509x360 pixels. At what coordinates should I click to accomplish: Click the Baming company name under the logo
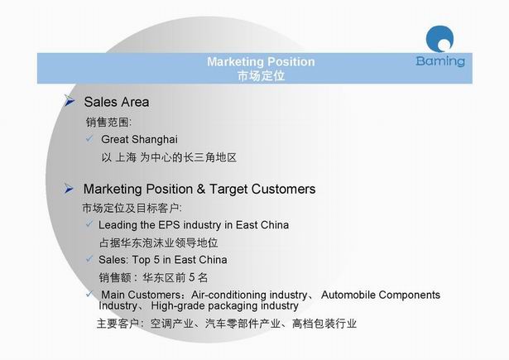pyautogui.click(x=440, y=61)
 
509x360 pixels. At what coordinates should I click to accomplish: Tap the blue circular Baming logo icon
pyautogui.click(x=439, y=39)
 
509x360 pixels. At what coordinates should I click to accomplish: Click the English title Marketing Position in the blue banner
pyautogui.click(x=261, y=62)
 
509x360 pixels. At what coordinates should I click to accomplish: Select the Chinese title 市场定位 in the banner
pyautogui.click(x=261, y=76)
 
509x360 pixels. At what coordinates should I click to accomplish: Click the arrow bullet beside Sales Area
pyautogui.click(x=70, y=100)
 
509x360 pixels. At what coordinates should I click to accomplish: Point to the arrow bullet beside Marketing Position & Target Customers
pyautogui.click(x=69, y=189)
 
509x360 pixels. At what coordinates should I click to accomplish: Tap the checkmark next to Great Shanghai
pyautogui.click(x=89, y=138)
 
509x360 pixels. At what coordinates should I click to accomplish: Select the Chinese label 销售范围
pyautogui.click(x=107, y=122)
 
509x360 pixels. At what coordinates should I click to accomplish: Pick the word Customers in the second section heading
pyautogui.click(x=283, y=189)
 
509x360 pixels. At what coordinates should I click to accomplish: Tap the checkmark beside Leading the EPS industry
pyautogui.click(x=89, y=223)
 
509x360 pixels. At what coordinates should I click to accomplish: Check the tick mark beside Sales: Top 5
pyautogui.click(x=89, y=259)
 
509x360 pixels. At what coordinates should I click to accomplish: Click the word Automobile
pyautogui.click(x=348, y=295)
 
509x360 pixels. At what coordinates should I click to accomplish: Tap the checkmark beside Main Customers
pyautogui.click(x=89, y=294)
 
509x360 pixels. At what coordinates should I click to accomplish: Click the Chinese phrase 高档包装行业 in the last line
pyautogui.click(x=324, y=324)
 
